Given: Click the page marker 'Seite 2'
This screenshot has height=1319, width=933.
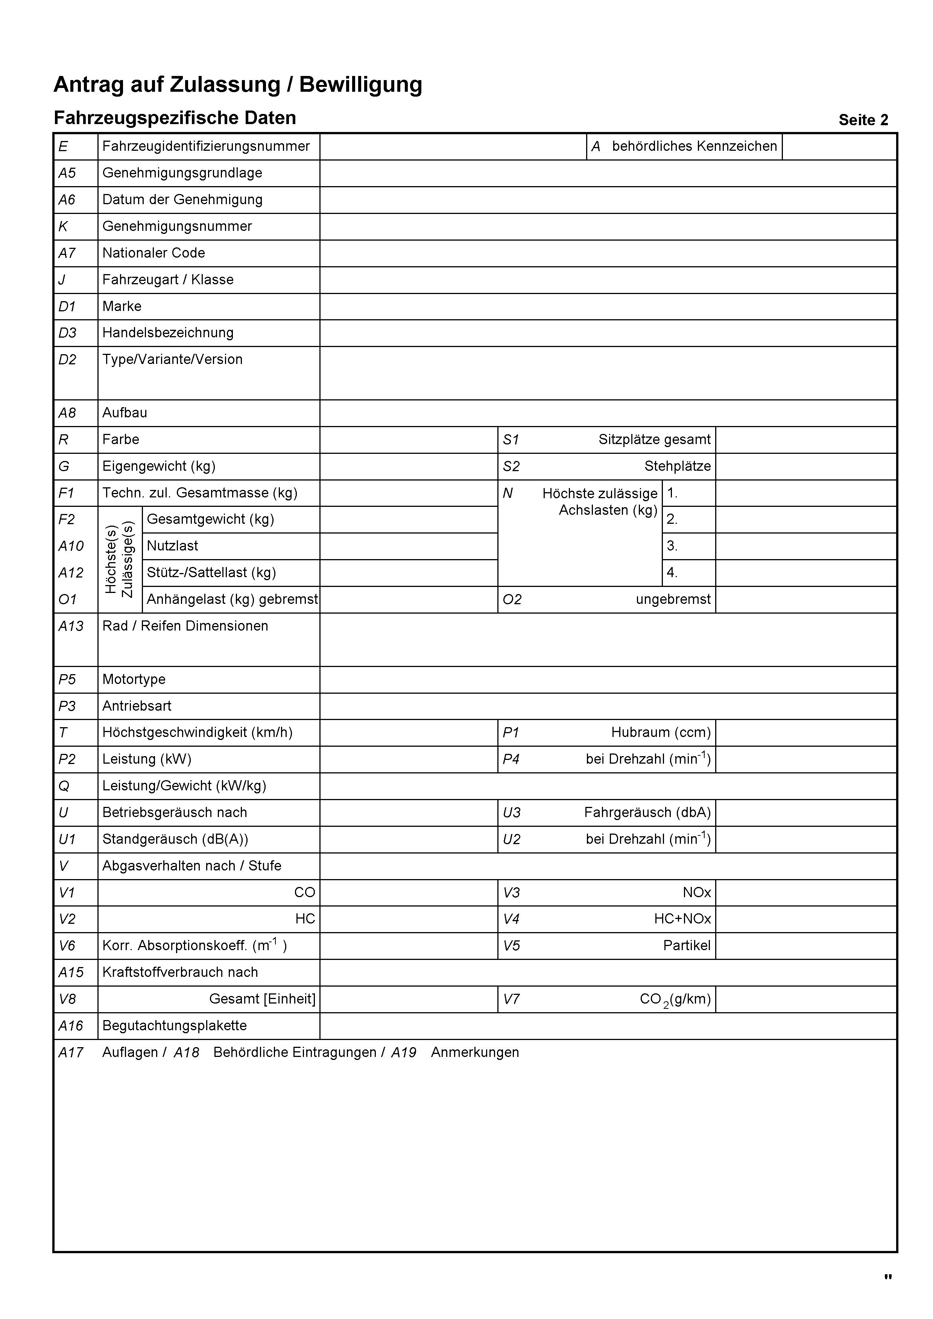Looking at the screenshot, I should coord(863,120).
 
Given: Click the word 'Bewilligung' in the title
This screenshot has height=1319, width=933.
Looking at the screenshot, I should coord(360,85).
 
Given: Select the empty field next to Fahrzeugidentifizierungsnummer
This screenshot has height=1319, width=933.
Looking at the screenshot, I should coord(453,147).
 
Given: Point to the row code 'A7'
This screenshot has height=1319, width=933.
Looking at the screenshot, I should coord(67,253).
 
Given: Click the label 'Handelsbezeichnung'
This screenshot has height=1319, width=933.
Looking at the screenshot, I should coord(168,333).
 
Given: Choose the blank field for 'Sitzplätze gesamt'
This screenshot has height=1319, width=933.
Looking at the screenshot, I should coord(805,440).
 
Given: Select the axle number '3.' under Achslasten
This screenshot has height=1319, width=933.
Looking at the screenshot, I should coord(672,546).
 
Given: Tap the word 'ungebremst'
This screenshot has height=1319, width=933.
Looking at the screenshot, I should coord(673,600).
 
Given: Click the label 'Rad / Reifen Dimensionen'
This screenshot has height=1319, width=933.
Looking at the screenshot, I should coord(185,626).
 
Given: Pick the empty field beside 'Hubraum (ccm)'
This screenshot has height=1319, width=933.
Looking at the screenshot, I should coord(805,733).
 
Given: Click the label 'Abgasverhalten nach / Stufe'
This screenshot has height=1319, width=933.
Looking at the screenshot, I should coord(191,866).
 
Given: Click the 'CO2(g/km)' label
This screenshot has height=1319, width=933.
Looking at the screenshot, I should coord(675,1000).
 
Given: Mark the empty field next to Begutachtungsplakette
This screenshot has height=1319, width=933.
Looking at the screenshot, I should coord(608,1026).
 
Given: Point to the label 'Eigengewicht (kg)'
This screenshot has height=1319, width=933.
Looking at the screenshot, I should coord(159,467).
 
